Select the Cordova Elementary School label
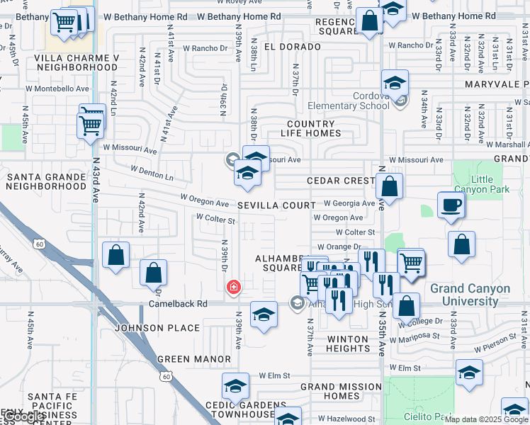[x=349, y=101]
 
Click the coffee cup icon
[x=451, y=205]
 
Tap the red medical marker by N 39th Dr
[x=232, y=287]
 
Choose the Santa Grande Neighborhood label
[x=46, y=181]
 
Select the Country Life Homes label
[x=311, y=128]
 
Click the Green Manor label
[x=194, y=359]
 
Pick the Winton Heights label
[x=348, y=344]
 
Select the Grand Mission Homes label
[x=341, y=391]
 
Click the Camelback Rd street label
[x=178, y=304]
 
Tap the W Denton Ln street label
[x=152, y=171]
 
